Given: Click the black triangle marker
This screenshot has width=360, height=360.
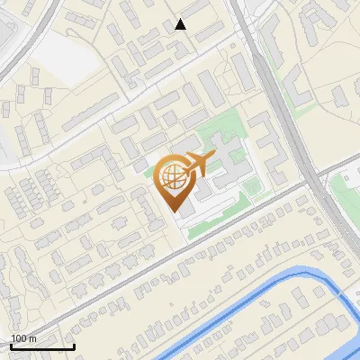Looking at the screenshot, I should click(x=181, y=24).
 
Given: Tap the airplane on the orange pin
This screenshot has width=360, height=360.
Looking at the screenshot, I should click(x=197, y=164).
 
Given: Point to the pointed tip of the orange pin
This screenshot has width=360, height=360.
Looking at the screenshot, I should click(x=176, y=210).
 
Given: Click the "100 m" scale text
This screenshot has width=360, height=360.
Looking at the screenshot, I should click(x=24, y=337).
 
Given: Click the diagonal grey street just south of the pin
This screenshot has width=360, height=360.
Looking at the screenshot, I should click(x=225, y=234).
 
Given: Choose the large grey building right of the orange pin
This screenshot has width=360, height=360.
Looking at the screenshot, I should click(x=225, y=157).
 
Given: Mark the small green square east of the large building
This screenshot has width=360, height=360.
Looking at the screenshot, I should click(x=252, y=187).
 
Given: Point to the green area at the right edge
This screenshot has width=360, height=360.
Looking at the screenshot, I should click(x=346, y=189).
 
